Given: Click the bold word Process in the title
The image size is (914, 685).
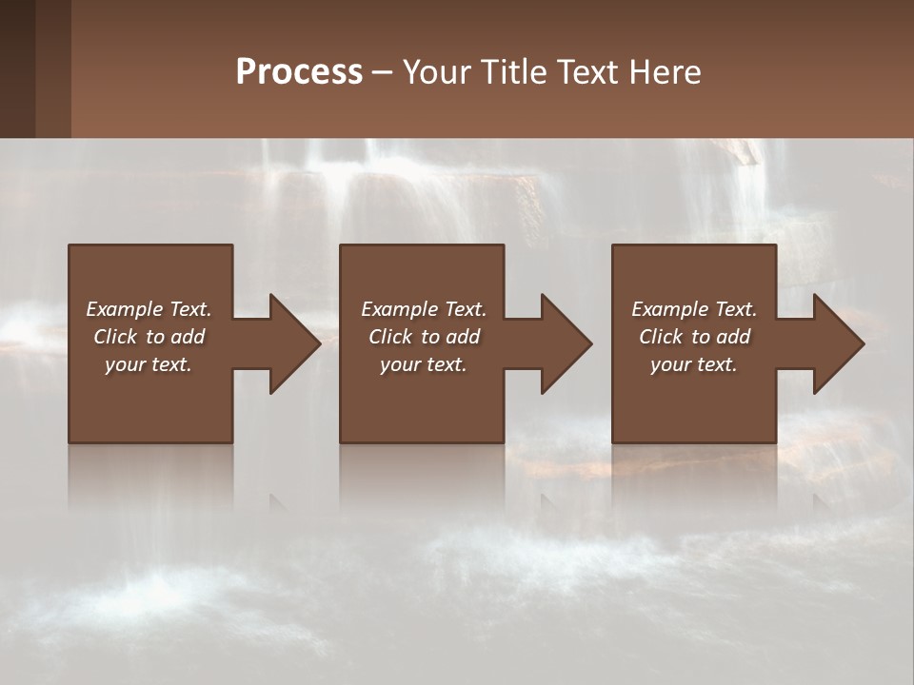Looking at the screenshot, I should click(x=299, y=72).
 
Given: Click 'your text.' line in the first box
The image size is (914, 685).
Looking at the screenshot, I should click(x=149, y=364).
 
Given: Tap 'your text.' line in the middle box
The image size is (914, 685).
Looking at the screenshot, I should click(x=424, y=364).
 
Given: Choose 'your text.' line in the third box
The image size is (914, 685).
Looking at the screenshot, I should click(x=694, y=364).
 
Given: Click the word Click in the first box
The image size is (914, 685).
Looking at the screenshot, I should click(x=115, y=337).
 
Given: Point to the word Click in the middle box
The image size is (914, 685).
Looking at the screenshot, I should click(x=390, y=337).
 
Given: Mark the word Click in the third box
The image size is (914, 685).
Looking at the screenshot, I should click(x=661, y=337).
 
